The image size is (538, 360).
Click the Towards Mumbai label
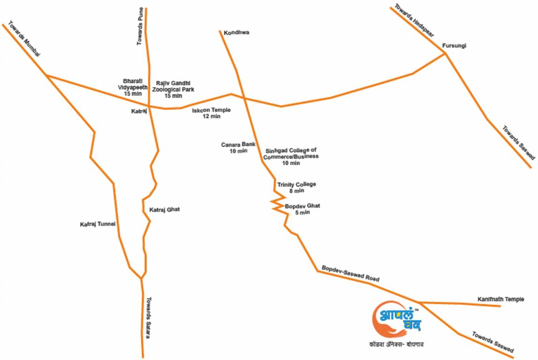(23, 39)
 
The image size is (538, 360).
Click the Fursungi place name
(454, 46)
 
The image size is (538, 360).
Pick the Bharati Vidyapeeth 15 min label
(133, 87)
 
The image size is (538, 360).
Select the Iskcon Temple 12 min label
(211, 113)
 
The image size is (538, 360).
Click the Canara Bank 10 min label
(238, 148)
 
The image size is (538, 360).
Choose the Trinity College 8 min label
(296, 187)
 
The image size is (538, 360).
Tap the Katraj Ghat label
(164, 210)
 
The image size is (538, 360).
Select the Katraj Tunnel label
(97, 225)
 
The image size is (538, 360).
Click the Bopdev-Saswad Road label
(350, 274)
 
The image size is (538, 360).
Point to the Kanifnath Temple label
(501, 300)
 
